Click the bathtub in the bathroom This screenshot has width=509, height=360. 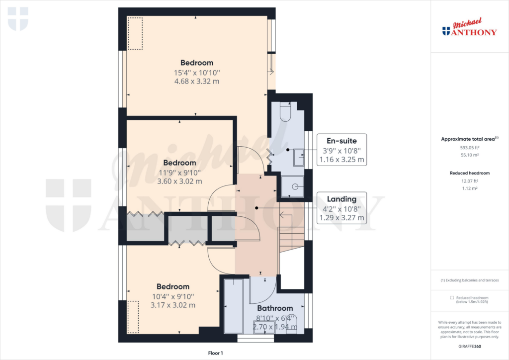233,306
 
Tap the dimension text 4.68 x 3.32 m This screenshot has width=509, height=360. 197,82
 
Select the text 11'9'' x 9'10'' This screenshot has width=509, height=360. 179,173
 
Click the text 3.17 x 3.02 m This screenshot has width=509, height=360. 173,305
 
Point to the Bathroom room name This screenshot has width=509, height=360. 275,308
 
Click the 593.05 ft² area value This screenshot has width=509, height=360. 469,148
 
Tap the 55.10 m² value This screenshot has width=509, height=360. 469,156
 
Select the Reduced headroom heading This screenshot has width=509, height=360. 469,173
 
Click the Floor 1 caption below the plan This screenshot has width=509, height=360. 215,353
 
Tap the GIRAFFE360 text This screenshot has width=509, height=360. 469,346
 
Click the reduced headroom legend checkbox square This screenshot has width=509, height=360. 452,297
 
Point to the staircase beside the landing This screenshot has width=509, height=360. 292,234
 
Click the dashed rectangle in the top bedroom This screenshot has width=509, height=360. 135,33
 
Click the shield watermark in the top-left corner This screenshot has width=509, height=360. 18,18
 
